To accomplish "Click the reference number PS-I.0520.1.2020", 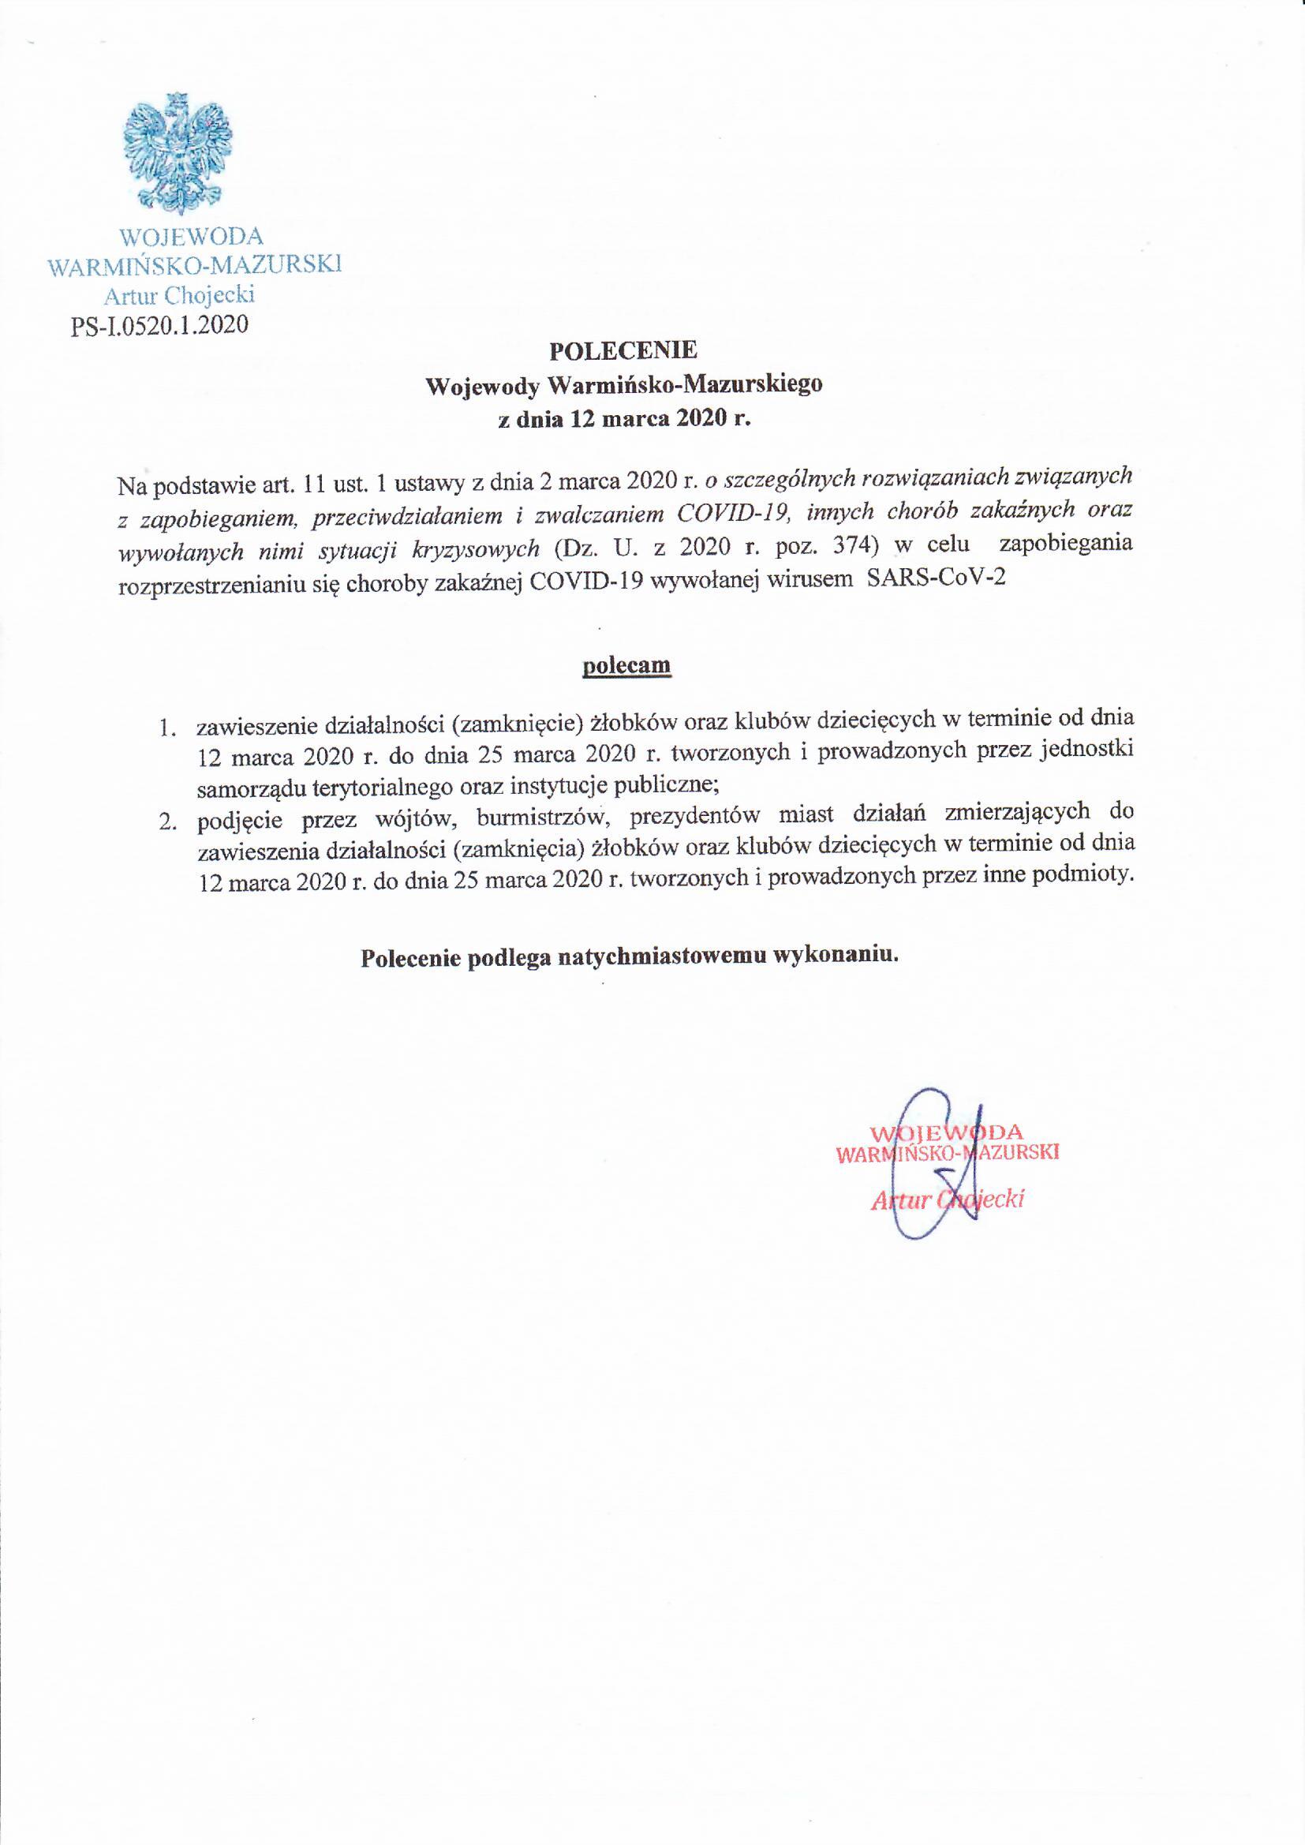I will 159,324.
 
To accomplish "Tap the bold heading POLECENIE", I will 623,350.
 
